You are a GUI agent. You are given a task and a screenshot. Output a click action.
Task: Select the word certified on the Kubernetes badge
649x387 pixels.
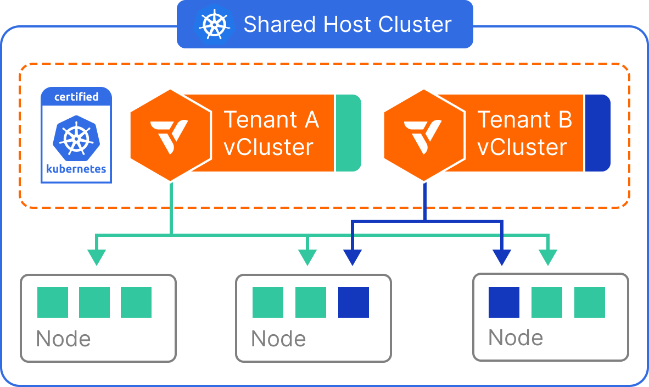pos(76,97)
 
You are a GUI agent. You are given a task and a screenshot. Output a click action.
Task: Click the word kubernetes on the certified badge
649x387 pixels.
pos(76,169)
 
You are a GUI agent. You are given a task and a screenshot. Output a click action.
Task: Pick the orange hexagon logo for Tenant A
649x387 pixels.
pos(170,135)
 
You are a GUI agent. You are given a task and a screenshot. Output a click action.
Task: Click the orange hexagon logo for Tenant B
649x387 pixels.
pos(423,135)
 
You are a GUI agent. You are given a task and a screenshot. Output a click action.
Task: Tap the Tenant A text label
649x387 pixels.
pos(271,119)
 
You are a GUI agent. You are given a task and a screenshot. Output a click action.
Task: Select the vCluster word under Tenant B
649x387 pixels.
pos(522,147)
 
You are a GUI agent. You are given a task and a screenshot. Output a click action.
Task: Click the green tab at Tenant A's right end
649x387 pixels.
pos(348,133)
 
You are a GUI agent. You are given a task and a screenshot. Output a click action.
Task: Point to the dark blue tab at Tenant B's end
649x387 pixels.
pos(597,133)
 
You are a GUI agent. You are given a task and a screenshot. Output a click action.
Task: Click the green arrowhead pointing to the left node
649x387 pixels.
pos(97,257)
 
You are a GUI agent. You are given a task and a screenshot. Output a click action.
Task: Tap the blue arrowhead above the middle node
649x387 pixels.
pos(353,257)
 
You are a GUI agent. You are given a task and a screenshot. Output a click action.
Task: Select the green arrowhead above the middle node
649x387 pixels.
pos(307,257)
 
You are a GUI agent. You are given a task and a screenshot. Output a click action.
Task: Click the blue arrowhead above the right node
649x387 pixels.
pos(502,257)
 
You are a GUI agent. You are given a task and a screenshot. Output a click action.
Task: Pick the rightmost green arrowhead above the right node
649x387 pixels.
pos(548,257)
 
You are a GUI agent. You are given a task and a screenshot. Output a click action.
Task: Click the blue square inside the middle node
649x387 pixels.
pos(354,302)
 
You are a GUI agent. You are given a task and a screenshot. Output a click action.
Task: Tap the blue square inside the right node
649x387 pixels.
pos(504,302)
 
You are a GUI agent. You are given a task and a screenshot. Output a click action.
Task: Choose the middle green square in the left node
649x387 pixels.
pos(94,302)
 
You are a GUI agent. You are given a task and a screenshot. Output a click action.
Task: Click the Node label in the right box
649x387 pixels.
pos(516,338)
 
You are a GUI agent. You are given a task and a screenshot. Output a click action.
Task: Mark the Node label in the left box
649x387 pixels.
pos(63,339)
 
